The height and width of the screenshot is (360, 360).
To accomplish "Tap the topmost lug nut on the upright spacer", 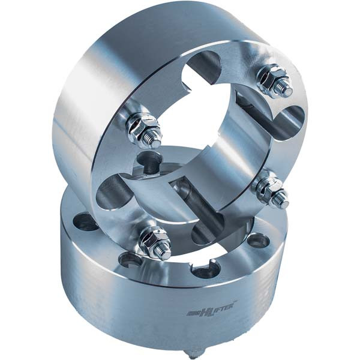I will tap(272, 79).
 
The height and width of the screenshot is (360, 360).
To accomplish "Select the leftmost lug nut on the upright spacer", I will tap(143, 128).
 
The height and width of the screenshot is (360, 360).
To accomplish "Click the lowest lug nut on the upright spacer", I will tap(154, 241).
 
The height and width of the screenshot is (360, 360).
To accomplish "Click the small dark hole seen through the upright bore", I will tap(148, 160).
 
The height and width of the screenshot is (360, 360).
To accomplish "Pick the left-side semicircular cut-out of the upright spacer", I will tap(113, 193).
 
